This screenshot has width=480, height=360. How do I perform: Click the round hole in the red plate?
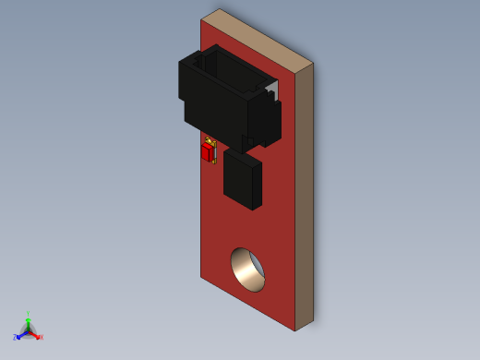point(247,270)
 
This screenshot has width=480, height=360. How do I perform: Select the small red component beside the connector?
point(207,153)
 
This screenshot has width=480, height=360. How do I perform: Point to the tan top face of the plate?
point(258,37)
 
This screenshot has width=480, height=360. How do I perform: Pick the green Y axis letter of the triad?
point(28,314)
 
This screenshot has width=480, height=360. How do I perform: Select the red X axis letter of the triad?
point(41,337)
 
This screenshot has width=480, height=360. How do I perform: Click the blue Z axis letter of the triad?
point(15,338)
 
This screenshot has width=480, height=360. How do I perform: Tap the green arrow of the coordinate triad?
point(28,322)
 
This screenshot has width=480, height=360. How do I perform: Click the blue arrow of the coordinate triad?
point(20,334)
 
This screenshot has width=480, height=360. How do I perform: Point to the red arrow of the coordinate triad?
point(35,334)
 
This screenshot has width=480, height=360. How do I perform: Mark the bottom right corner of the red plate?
point(295,330)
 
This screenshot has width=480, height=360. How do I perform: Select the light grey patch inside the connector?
point(270,85)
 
